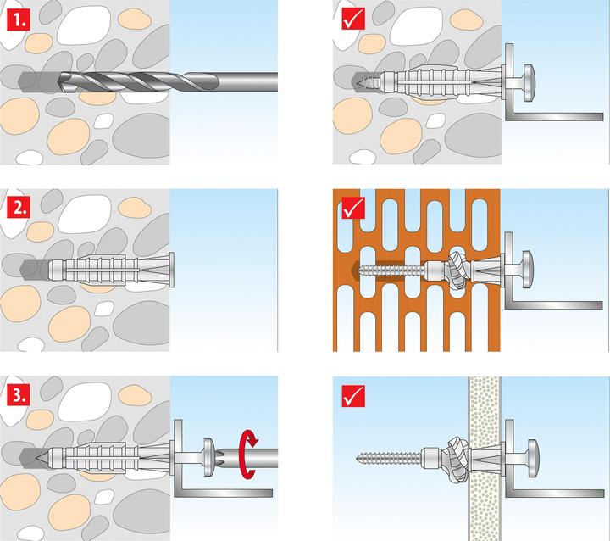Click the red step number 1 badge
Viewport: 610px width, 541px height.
tap(16, 17)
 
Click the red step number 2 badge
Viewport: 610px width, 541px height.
tap(16, 206)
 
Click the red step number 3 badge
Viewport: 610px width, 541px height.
tap(16, 394)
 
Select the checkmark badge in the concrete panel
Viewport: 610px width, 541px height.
tap(354, 17)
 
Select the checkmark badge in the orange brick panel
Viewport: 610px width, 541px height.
tap(354, 206)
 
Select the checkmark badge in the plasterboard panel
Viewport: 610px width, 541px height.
tap(354, 394)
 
